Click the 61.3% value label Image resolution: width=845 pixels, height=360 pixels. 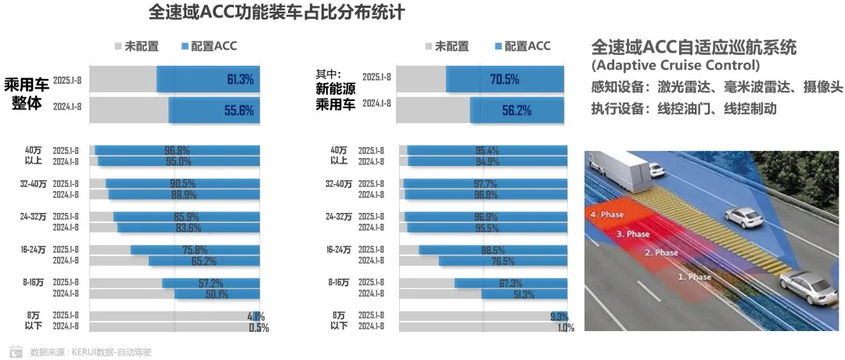coord(240,80)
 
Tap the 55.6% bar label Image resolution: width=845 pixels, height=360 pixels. coord(239,110)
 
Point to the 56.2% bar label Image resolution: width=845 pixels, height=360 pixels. coord(516,110)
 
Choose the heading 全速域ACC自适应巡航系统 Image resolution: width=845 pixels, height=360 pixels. coord(694,47)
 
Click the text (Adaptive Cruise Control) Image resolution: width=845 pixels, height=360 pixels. coord(675,65)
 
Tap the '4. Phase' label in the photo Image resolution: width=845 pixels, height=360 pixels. coord(609,214)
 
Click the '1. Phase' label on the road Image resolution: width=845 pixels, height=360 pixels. coord(694,277)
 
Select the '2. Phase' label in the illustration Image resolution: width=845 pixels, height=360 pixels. coord(661,253)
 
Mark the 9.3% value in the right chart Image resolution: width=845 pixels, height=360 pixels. coord(559,316)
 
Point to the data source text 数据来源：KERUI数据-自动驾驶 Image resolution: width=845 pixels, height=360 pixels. coord(91,352)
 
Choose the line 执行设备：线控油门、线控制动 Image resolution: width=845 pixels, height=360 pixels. coord(684,109)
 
